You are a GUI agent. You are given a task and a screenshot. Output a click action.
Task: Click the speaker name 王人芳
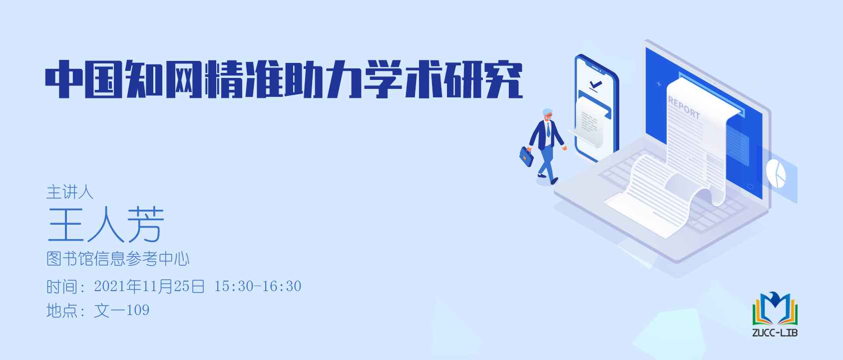click(106, 224)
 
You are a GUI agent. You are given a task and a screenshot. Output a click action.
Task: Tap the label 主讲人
click(69, 192)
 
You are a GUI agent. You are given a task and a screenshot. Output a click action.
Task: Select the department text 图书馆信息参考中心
click(118, 259)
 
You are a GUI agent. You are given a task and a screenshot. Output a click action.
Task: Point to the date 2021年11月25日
click(149, 286)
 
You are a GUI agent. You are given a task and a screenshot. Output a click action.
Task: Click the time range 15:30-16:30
click(258, 286)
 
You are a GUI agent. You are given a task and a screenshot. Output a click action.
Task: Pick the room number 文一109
click(121, 311)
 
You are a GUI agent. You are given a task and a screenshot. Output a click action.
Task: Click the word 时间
click(62, 287)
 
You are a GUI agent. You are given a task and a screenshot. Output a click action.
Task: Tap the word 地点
click(62, 311)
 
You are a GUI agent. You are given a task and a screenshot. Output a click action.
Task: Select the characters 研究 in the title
click(483, 79)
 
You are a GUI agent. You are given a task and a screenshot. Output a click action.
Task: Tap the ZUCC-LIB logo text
click(775, 333)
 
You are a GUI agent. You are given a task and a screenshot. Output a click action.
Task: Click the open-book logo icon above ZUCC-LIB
click(775, 309)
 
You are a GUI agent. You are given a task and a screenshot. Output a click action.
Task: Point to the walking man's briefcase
click(526, 156)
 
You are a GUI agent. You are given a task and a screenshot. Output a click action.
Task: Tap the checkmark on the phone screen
click(595, 85)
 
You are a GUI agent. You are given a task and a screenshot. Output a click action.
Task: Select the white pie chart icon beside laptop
click(776, 173)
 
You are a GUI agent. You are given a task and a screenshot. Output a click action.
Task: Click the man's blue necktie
click(548, 129)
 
